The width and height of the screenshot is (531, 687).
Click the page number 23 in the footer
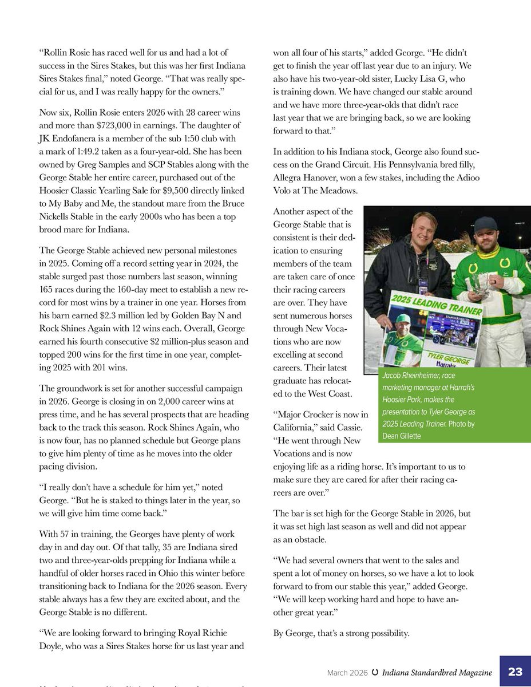(515, 672)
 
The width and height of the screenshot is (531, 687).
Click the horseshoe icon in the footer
(374, 672)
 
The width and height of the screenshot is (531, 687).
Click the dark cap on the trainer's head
(485, 224)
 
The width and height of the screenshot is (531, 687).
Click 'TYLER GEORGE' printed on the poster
(438, 356)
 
